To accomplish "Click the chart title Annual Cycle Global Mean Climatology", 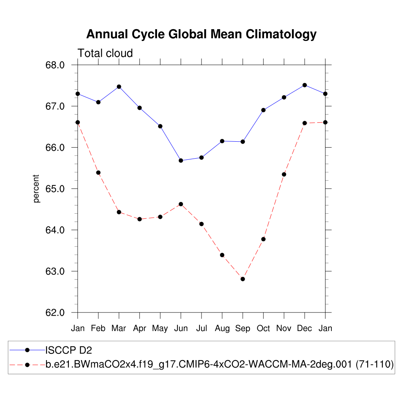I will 201,34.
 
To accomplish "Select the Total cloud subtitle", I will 105,53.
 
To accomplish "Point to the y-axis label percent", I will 37,189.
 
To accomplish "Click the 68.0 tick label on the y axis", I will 55,65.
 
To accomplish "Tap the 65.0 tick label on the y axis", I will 55,189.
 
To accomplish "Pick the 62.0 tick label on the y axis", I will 55,313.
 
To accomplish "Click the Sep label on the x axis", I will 243,329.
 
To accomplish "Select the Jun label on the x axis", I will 181,329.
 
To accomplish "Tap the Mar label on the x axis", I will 119,329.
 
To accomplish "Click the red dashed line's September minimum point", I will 243,279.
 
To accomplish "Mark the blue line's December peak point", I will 305,85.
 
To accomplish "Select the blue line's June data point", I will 181,161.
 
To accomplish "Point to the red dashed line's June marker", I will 181,204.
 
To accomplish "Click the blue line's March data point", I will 119,87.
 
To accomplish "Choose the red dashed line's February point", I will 98,173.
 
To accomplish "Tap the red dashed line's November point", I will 284,174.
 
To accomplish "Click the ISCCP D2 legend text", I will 69,350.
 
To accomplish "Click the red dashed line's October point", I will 263,239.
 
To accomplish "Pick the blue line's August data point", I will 222,141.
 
